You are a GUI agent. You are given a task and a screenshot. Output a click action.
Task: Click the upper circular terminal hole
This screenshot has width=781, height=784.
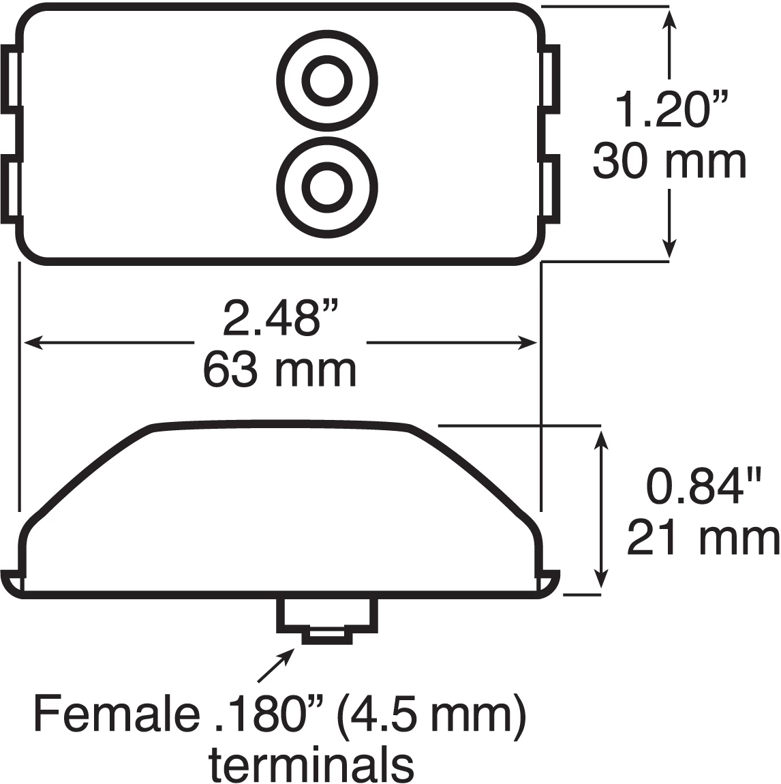327,80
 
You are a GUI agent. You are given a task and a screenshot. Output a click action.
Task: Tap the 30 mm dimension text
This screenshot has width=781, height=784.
669,163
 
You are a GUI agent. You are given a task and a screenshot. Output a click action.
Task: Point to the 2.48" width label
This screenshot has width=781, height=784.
281,318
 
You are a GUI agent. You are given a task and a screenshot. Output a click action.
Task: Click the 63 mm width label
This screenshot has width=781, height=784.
279,371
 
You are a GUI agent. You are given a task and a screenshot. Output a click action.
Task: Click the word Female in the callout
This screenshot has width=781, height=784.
112,714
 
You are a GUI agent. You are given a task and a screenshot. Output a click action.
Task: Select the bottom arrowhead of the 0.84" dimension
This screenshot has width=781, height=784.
600,578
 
